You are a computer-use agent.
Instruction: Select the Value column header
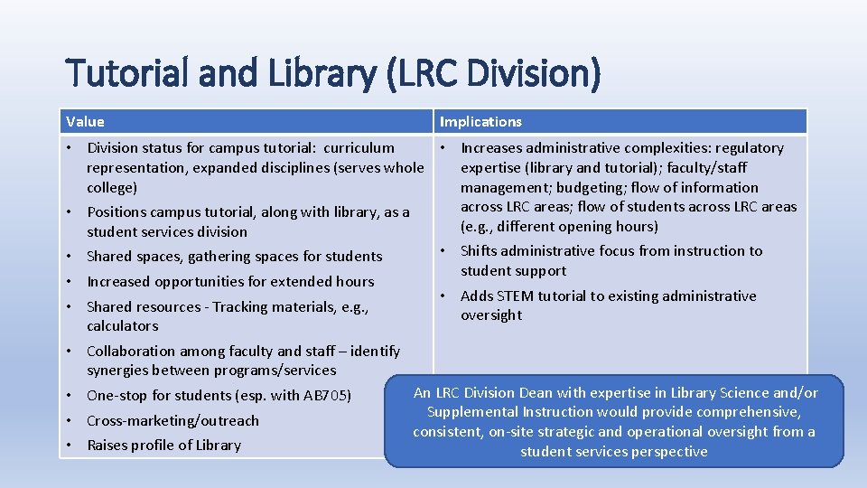[85, 122]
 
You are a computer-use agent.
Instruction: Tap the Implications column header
[480, 122]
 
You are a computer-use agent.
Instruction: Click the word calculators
[123, 326]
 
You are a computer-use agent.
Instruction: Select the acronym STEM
[516, 296]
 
